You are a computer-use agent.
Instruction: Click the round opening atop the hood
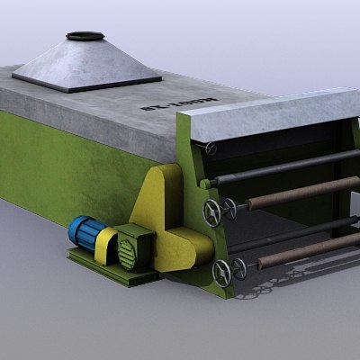click(85, 37)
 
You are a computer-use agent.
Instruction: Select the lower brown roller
click(306, 251)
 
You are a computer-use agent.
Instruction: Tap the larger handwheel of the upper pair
click(212, 213)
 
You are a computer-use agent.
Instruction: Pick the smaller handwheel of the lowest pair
click(238, 266)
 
